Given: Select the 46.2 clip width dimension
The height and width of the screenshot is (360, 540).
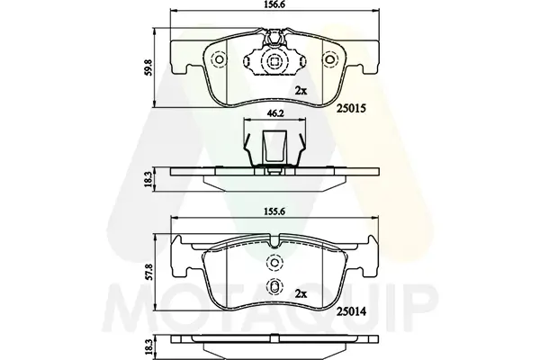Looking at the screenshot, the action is [x=275, y=113].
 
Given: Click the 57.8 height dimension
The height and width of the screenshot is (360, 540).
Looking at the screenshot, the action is [x=148, y=272].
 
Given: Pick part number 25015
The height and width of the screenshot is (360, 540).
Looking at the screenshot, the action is [x=351, y=108].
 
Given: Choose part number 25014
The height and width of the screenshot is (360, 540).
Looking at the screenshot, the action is [x=351, y=312].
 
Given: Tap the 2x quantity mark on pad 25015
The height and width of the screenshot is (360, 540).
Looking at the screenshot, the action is [x=301, y=91].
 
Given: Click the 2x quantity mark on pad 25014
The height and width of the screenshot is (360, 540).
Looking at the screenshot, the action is [x=301, y=294].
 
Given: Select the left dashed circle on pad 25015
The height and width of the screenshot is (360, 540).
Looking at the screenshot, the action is [x=219, y=60].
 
